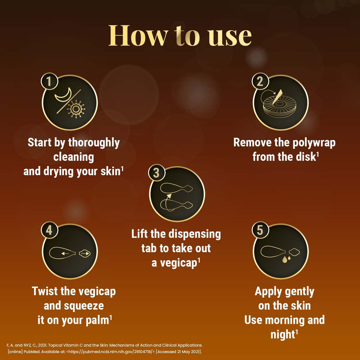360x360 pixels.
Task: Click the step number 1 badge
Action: pos(49,82)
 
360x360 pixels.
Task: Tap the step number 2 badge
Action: pos(260,82)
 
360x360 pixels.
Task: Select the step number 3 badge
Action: pos(157,173)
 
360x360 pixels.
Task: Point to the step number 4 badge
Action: pos(49,230)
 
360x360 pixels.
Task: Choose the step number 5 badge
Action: pos(260,230)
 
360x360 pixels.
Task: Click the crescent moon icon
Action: pos(64,96)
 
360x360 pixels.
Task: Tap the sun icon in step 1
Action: pos(76,109)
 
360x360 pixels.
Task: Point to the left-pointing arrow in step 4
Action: pos(65,253)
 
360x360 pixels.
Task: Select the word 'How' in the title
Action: pos(138,35)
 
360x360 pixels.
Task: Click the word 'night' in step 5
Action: pos(283,335)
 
